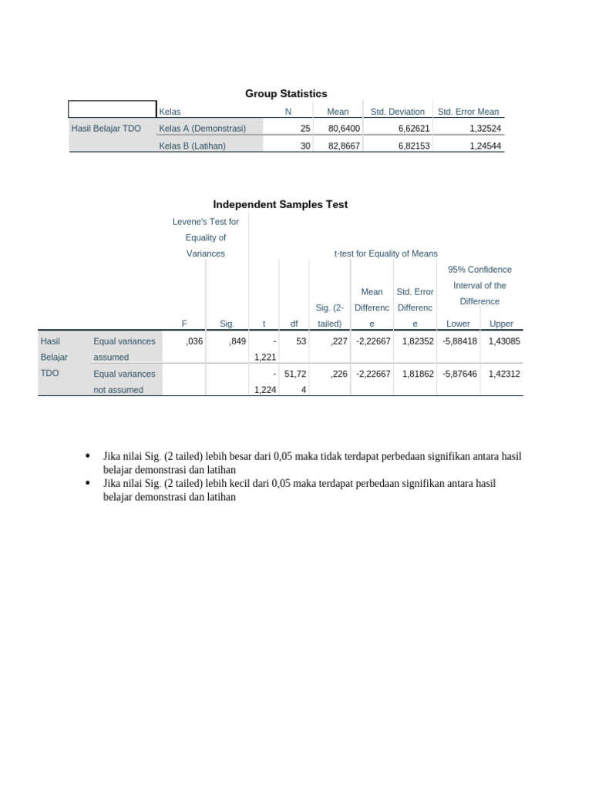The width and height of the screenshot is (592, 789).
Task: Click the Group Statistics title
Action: (x=286, y=93)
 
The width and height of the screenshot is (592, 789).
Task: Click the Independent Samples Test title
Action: (x=280, y=204)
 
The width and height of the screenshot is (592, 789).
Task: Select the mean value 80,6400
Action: (x=344, y=129)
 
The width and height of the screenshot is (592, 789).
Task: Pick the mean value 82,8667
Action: (x=344, y=145)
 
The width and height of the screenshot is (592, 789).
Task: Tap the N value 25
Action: (x=305, y=129)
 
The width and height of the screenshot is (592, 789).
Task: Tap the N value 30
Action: (x=305, y=145)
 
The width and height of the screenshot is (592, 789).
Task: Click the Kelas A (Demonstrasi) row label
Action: (x=202, y=129)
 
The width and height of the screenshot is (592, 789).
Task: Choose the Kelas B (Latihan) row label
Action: (x=192, y=145)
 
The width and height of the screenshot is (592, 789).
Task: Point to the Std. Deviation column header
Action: (x=397, y=112)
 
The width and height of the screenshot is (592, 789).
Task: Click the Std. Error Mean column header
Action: (x=468, y=112)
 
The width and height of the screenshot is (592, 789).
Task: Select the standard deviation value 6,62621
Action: (x=413, y=129)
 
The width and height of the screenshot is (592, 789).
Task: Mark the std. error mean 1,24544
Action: (x=484, y=145)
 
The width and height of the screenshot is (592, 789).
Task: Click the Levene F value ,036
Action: (x=194, y=341)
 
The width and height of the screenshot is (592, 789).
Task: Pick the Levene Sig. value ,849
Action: (x=237, y=341)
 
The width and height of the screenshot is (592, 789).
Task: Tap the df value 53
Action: (x=301, y=341)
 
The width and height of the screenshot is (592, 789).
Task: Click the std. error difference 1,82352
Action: (x=417, y=341)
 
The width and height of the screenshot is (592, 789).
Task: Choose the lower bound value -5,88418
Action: (x=459, y=341)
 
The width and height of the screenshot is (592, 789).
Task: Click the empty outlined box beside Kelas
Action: (x=112, y=109)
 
